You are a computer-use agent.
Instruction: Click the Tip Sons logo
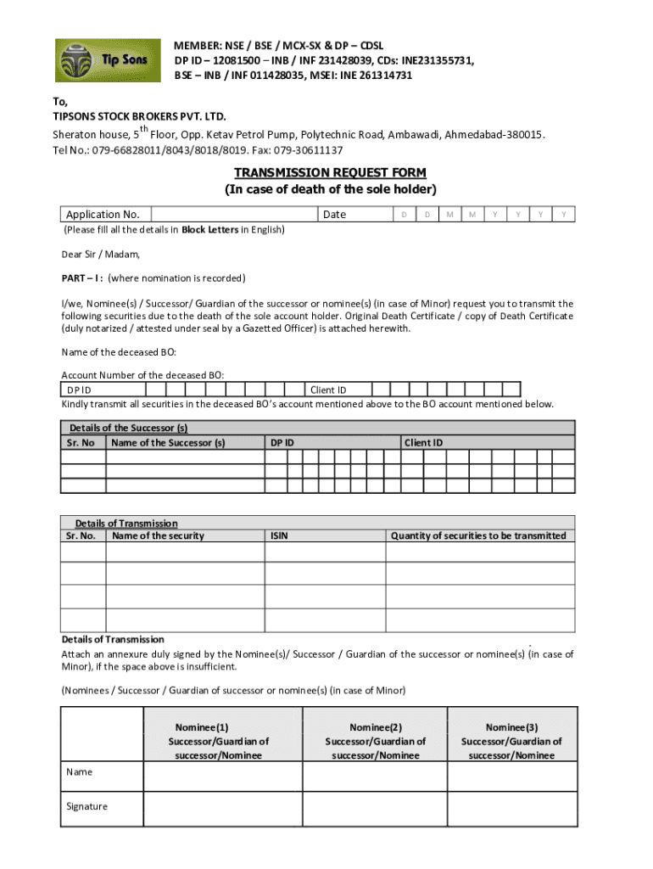pyautogui.click(x=107, y=61)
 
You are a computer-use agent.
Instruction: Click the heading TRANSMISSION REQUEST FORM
pyautogui.click(x=330, y=173)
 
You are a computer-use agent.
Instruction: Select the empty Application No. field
pyautogui.click(x=235, y=215)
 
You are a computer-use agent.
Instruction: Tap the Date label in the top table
pyautogui.click(x=335, y=215)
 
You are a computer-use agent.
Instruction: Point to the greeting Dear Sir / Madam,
pyautogui.click(x=101, y=254)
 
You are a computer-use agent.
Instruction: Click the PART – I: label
pyautogui.click(x=82, y=278)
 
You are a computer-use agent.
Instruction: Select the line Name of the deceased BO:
pyautogui.click(x=119, y=351)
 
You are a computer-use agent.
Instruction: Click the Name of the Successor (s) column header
pyautogui.click(x=168, y=442)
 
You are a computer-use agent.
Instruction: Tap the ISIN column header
pyautogui.click(x=280, y=535)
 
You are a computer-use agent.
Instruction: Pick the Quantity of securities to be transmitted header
pyautogui.click(x=478, y=535)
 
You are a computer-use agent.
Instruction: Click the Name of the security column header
pyautogui.click(x=158, y=535)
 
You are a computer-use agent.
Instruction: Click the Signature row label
pyautogui.click(x=87, y=806)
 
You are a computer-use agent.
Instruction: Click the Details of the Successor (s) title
pyautogui.click(x=128, y=428)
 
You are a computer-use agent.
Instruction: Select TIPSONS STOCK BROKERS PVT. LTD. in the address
pyautogui.click(x=140, y=115)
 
